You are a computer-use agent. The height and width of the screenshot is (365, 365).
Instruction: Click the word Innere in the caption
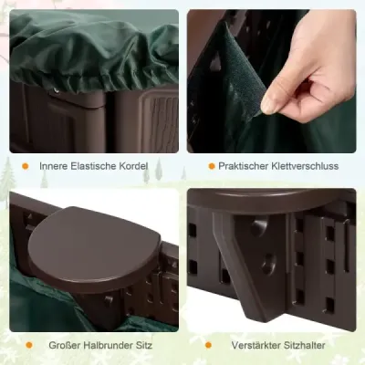(53, 166)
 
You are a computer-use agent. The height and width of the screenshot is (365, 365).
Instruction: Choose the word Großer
(64, 345)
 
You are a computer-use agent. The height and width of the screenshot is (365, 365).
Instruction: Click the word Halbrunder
(108, 345)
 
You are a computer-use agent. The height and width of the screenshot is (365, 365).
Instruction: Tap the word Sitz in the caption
(144, 345)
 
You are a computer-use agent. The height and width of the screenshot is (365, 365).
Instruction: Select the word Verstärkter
(256, 345)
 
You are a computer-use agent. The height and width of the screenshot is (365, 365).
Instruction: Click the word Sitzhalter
(305, 345)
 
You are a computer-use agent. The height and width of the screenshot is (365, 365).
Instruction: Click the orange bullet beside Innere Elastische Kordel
(26, 166)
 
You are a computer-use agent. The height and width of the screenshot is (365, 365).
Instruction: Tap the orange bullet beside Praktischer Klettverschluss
(212, 166)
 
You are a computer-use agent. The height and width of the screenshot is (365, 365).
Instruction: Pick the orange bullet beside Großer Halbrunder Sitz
(29, 345)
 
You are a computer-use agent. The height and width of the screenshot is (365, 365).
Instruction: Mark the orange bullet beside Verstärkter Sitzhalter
(208, 345)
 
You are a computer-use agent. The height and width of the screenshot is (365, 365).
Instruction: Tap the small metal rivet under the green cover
(56, 90)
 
